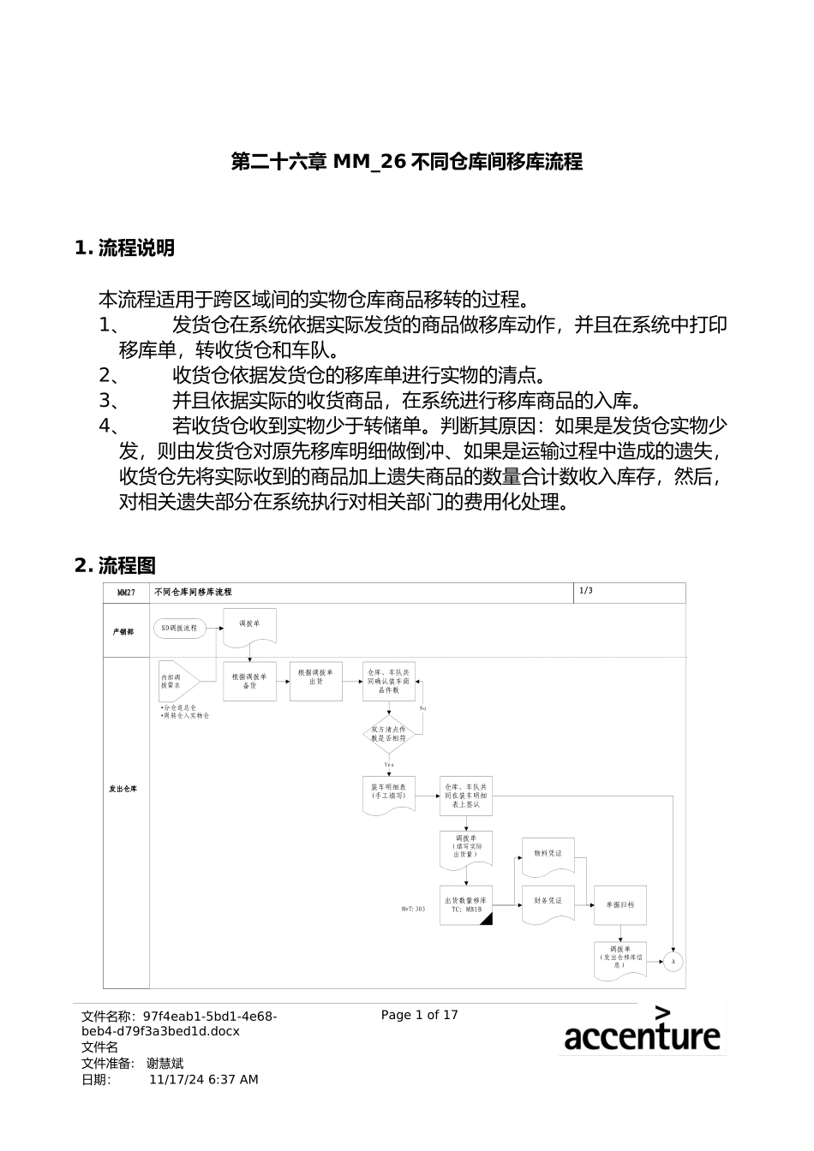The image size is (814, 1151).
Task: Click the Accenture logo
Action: coord(642,1029)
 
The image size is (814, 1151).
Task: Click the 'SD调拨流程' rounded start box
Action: coord(179,628)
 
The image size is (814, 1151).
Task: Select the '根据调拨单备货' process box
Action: coord(249,681)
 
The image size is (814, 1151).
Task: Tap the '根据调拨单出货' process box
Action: coord(315,681)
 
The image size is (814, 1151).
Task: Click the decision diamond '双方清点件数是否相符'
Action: coord(389,734)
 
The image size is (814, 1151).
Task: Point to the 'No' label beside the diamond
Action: coord(422,709)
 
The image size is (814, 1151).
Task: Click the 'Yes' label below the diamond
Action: coord(389,764)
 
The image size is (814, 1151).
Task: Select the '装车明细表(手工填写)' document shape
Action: coord(388,792)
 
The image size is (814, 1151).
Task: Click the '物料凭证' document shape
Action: coord(548,855)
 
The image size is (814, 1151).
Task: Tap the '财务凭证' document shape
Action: coord(548,903)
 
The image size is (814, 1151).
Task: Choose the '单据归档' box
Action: coord(619,905)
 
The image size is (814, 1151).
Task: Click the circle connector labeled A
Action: coord(673,962)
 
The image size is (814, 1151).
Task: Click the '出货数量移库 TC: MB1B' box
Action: coord(466,905)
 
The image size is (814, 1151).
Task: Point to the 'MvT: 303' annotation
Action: coord(413,909)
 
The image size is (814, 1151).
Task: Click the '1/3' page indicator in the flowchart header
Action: coord(586,591)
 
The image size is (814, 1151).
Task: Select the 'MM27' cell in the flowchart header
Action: coord(126,593)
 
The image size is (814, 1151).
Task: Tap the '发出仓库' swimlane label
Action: coord(123,789)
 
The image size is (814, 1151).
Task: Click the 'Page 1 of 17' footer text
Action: coord(419,1015)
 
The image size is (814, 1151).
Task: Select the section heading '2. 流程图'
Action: coord(116,565)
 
